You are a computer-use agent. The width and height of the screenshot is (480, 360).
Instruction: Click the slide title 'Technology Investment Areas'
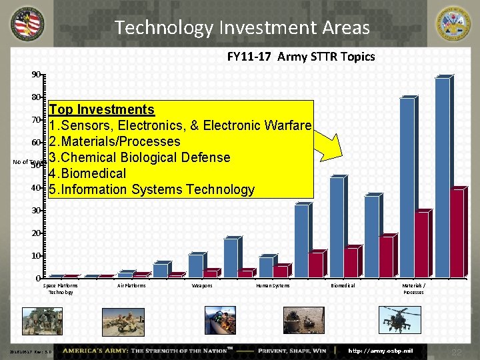click(x=241, y=27)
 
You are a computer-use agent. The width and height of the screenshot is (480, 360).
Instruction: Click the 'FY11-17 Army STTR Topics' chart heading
click(x=301, y=57)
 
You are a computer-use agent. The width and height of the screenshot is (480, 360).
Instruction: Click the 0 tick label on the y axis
click(x=38, y=278)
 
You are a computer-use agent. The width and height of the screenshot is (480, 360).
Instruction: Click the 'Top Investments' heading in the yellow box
click(x=101, y=109)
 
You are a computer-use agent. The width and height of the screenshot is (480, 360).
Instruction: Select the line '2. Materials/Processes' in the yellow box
click(x=115, y=141)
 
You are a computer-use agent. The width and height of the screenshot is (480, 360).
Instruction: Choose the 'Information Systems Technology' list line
click(x=152, y=189)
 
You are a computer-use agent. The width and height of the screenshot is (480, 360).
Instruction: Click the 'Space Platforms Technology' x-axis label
click(x=61, y=289)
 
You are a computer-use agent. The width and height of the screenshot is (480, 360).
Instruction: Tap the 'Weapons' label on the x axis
click(x=202, y=285)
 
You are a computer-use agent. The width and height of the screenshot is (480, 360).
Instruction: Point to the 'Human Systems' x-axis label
click(x=273, y=285)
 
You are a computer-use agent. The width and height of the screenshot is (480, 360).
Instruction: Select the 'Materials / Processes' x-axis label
click(x=413, y=289)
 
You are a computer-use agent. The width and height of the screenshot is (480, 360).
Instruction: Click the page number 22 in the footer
click(x=457, y=351)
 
